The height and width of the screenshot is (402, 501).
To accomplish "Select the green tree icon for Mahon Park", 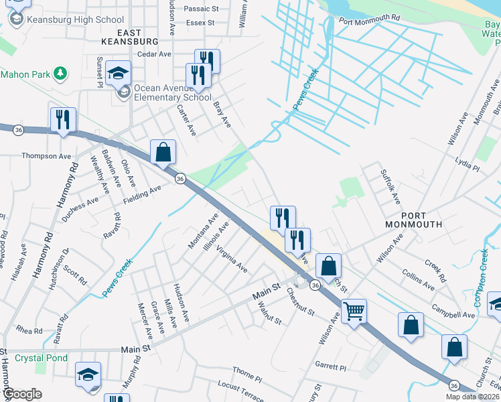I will click(61, 72).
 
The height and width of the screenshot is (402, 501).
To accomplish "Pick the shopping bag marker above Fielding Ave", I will click(163, 153).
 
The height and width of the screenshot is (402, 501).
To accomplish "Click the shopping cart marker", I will click(353, 310).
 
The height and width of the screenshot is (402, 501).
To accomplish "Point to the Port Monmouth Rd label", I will click(370, 21).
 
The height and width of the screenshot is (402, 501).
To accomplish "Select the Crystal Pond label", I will click(41, 358).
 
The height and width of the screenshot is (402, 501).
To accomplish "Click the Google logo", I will click(21, 394).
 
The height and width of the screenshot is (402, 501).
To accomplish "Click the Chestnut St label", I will click(301, 301).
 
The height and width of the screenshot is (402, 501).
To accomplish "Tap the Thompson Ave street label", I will click(46, 156).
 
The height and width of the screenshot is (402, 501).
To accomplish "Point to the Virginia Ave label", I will click(232, 261).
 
